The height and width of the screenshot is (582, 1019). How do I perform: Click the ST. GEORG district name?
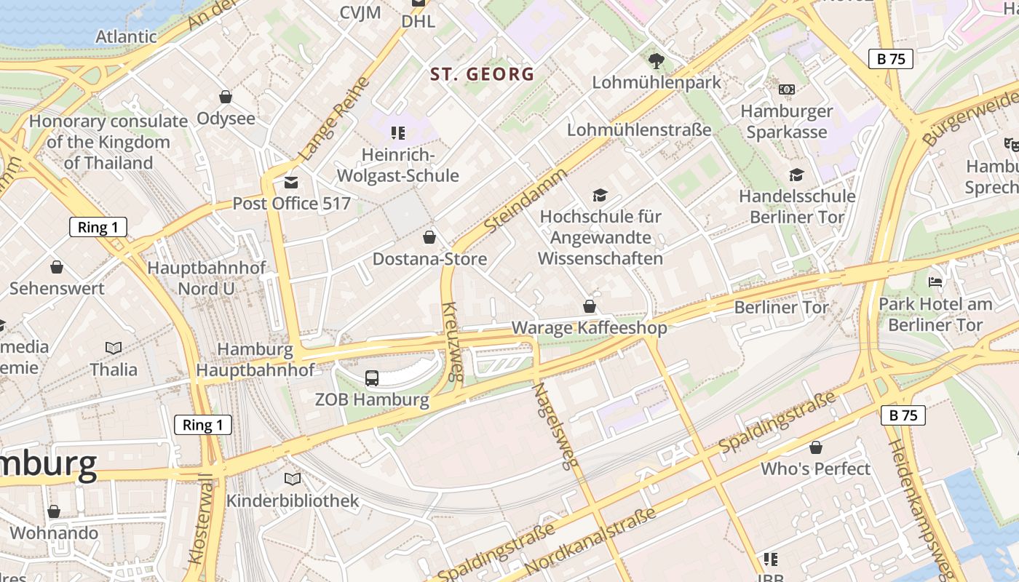[482, 74]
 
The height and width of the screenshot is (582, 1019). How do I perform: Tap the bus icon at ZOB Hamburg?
[371, 378]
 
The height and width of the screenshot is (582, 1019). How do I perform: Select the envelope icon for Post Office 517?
[291, 182]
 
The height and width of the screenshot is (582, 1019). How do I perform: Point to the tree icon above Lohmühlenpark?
[657, 60]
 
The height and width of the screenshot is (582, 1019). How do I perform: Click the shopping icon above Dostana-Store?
[429, 237]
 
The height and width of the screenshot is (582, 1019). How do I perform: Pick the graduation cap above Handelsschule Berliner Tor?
[796, 175]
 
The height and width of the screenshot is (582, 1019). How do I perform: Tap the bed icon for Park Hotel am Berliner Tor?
[935, 282]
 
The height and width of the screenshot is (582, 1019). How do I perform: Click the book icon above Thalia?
[114, 348]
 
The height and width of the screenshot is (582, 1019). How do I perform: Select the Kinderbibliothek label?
[293, 501]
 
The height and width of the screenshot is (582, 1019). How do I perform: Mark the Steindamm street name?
[525, 201]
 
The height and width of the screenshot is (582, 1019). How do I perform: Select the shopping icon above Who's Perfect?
[816, 447]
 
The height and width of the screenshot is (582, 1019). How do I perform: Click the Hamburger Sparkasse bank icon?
[786, 89]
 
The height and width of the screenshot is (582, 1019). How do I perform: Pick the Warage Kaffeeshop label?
[589, 328]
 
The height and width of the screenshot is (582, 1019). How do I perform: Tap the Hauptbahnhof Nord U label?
[207, 278]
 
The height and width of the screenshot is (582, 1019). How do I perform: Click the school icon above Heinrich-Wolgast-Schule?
[397, 132]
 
